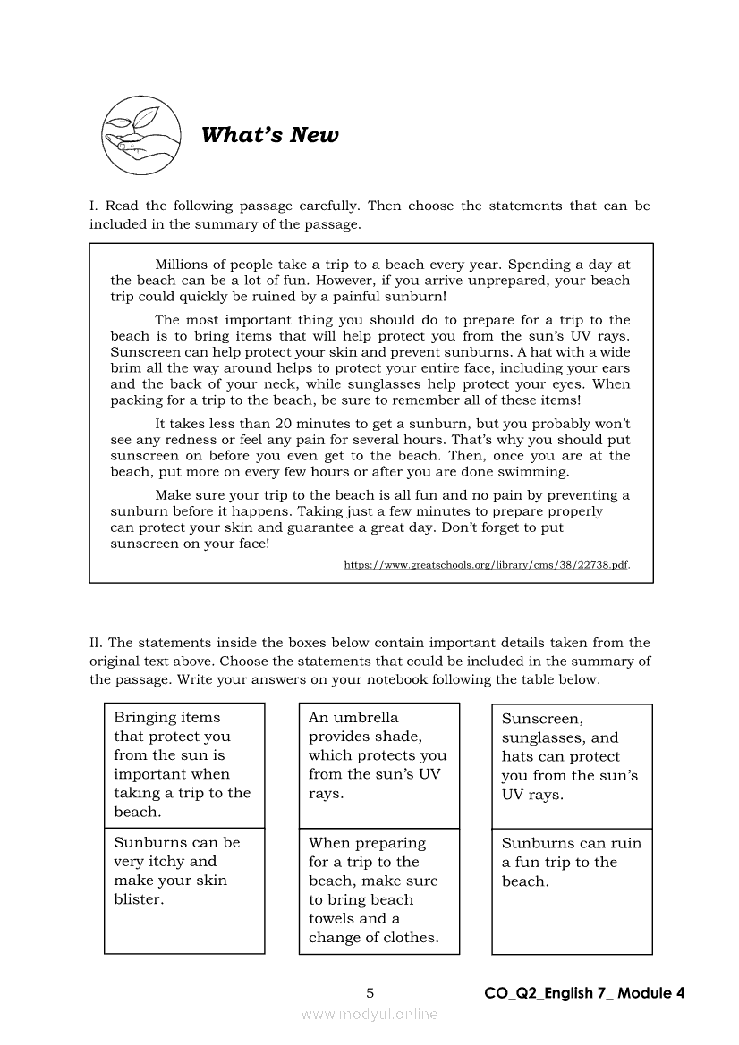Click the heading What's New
tap(270, 135)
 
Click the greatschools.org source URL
tap(486, 565)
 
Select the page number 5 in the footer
tap(369, 992)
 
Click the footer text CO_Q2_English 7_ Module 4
tap(584, 992)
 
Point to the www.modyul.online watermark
tap(369, 1014)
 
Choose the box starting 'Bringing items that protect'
tap(184, 764)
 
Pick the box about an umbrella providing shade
tap(378, 755)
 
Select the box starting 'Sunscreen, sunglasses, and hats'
tap(572, 756)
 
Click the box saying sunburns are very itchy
tap(184, 871)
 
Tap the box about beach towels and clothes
tap(378, 890)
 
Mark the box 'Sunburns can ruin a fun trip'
tap(572, 862)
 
